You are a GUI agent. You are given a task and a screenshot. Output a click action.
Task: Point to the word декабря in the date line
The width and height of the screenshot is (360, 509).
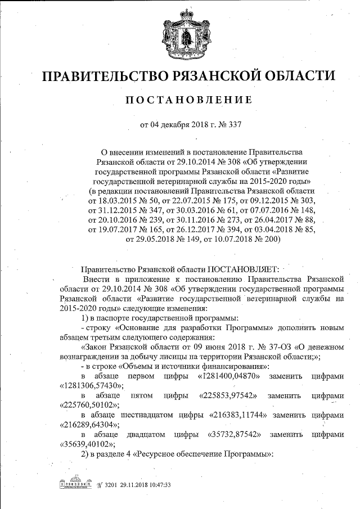[178, 124]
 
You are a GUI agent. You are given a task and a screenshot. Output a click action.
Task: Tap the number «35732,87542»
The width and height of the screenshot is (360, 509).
[231, 435]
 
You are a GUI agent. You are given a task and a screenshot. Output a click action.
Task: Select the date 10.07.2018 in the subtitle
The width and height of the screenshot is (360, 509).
[252, 239]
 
